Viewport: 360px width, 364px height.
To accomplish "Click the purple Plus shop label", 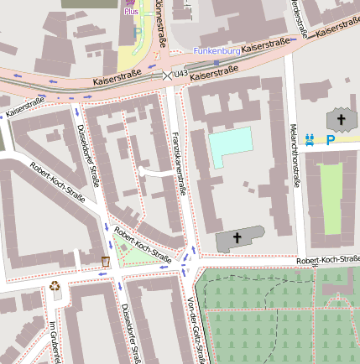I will [x=131, y=12].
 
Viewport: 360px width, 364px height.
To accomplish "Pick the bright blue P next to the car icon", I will [x=330, y=141].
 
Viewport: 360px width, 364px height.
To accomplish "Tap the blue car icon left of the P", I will [x=311, y=140].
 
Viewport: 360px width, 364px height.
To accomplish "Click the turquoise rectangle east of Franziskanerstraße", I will [x=230, y=148].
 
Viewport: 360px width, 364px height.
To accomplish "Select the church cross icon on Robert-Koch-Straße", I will [x=237, y=240].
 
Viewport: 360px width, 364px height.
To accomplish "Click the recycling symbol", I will [x=55, y=286].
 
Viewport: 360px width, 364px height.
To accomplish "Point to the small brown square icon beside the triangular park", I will [x=105, y=262].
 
